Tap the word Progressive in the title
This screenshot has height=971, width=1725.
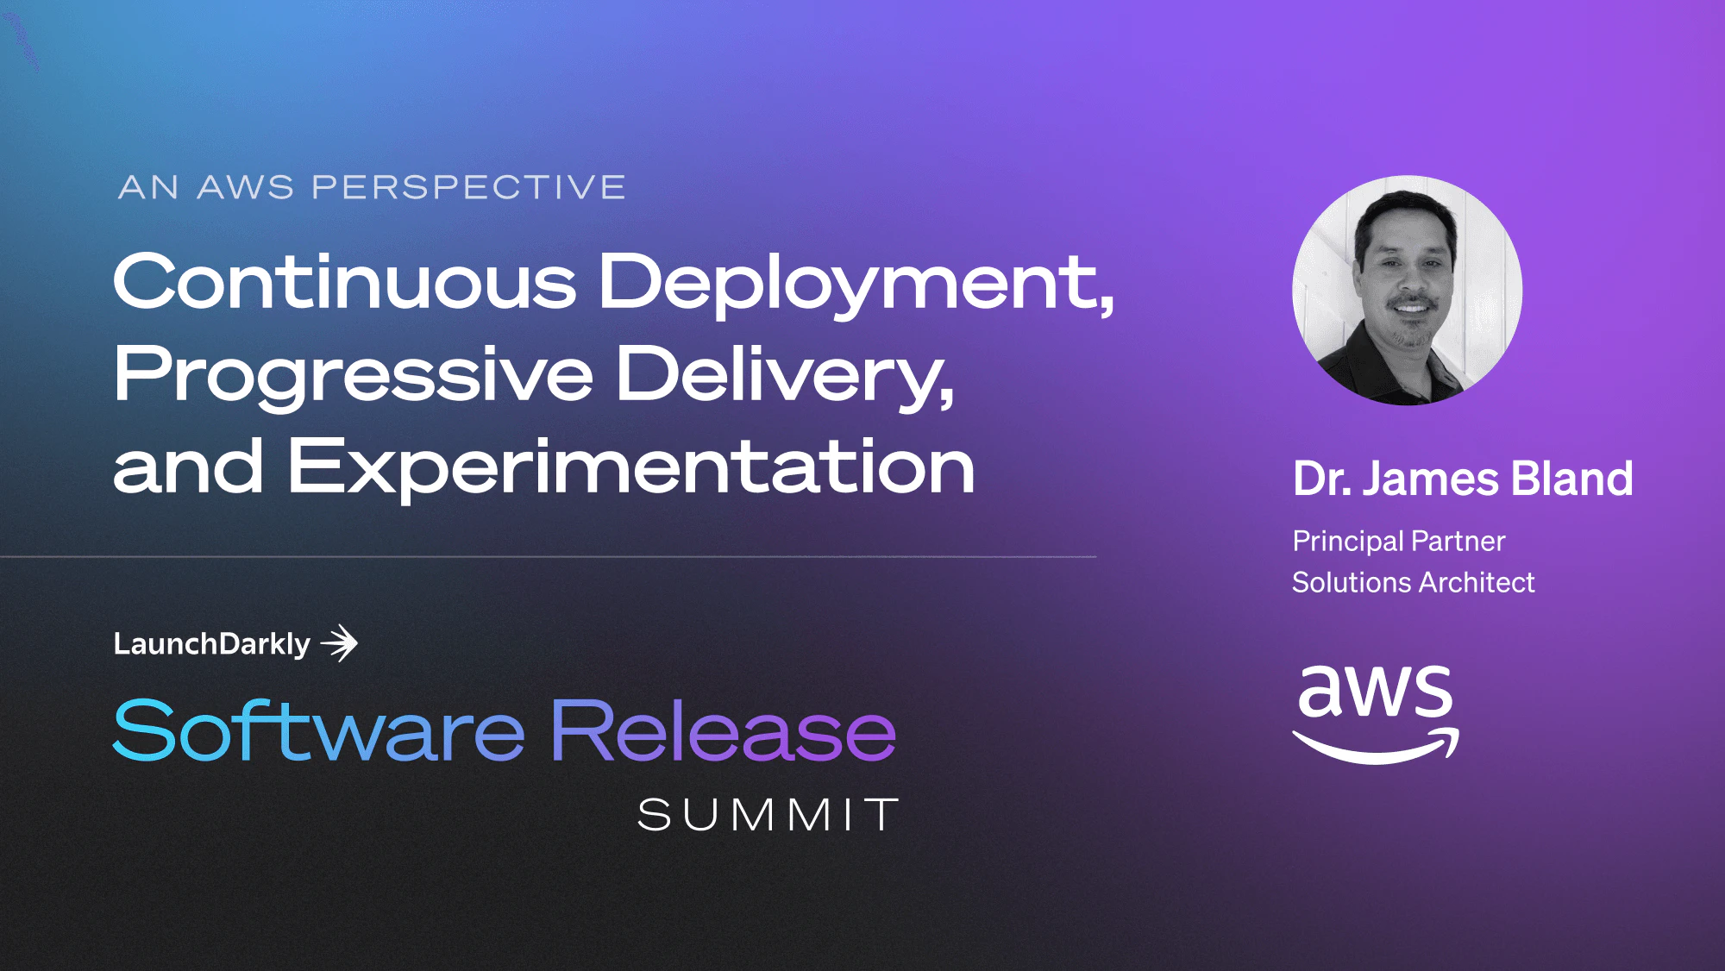click(354, 375)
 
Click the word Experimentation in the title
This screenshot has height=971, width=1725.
click(630, 468)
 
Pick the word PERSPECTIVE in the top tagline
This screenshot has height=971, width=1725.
click(468, 187)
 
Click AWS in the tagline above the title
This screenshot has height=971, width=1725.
click(246, 187)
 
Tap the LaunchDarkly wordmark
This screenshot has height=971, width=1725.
click(212, 644)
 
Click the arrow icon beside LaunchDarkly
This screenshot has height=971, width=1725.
click(340, 643)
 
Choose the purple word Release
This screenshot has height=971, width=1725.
click(723, 731)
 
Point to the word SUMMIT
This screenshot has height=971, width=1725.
click(768, 815)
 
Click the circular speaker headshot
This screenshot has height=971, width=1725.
click(1407, 291)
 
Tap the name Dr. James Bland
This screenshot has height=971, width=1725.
click(1462, 479)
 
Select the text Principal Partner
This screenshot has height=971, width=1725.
click(1398, 542)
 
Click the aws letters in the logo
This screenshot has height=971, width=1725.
click(1375, 692)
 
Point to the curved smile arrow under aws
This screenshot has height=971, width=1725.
click(1375, 747)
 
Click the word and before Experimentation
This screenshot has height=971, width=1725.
click(188, 468)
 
